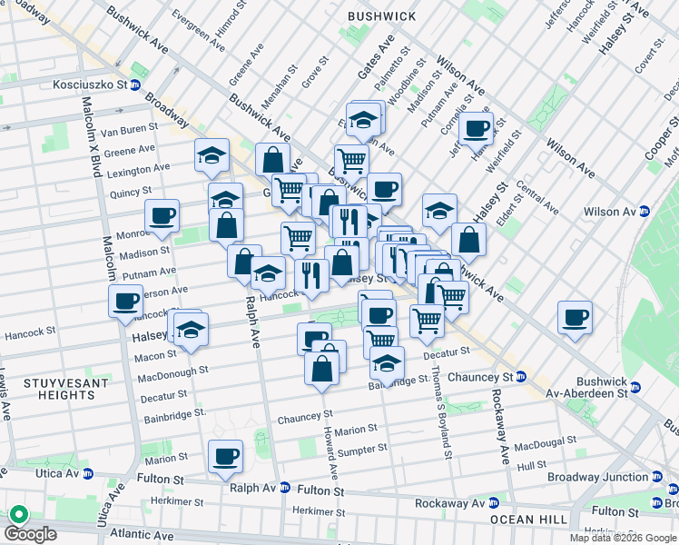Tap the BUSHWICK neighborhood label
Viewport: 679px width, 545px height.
(x=382, y=16)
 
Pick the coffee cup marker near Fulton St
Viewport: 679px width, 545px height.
(x=225, y=456)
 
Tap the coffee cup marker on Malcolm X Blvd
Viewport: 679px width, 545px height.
(x=125, y=302)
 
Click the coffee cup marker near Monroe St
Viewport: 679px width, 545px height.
(x=162, y=216)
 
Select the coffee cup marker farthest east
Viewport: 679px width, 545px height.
(x=575, y=318)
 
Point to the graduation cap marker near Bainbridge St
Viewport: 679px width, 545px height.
(x=388, y=363)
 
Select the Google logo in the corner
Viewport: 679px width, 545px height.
(x=32, y=535)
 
